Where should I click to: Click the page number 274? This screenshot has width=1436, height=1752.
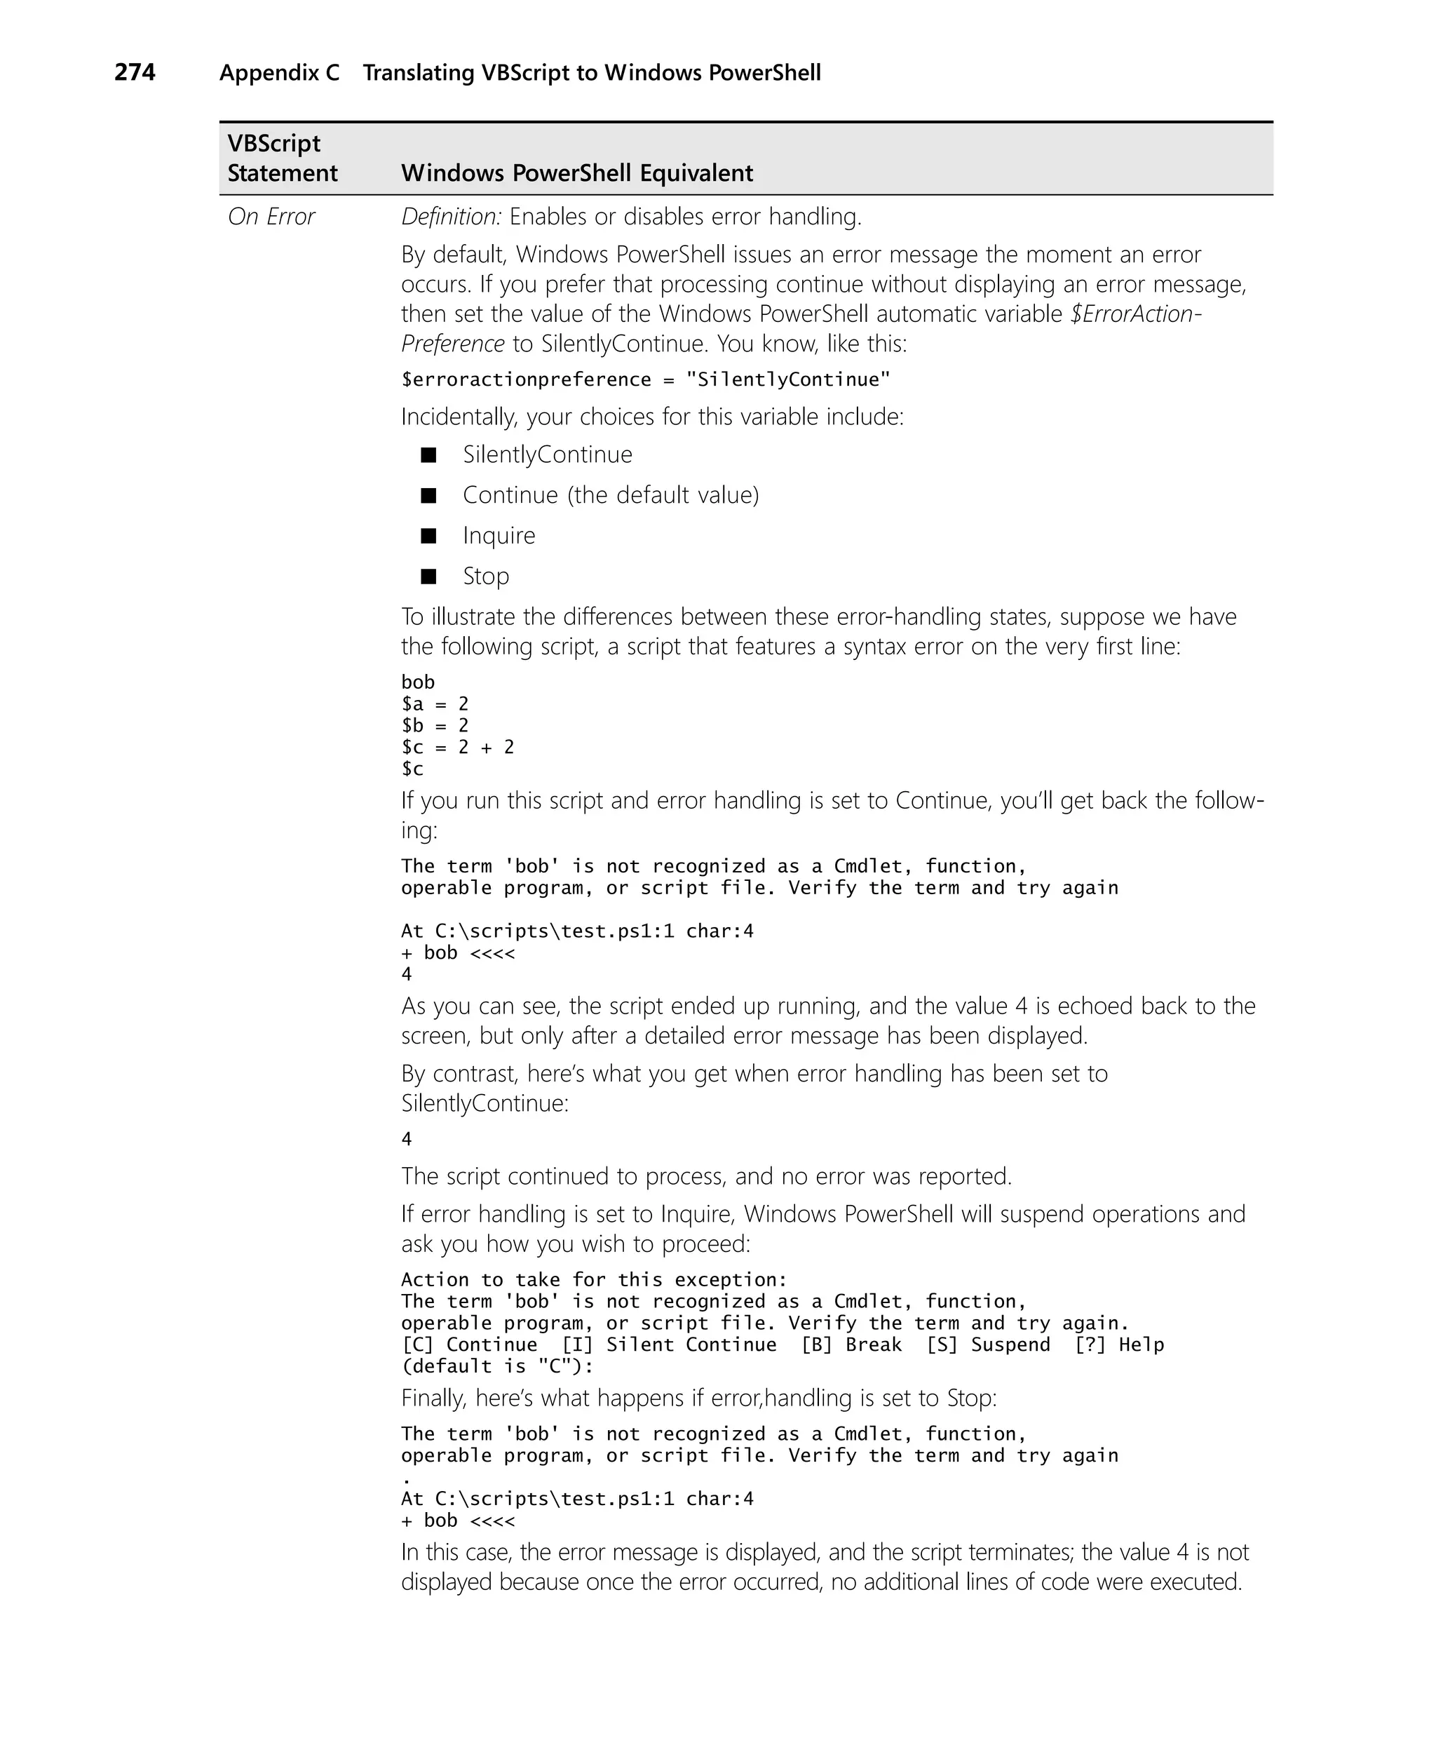(134, 73)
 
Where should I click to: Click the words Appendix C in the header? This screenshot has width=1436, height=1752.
(279, 73)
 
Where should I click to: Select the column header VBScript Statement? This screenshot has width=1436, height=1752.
(282, 158)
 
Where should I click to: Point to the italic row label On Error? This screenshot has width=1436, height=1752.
(271, 217)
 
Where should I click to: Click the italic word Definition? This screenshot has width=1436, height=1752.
(451, 217)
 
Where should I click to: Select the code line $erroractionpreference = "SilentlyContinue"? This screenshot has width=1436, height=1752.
(645, 379)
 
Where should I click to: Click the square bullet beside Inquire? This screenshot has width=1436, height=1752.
(428, 536)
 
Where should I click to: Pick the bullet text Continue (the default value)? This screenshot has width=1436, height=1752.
(611, 494)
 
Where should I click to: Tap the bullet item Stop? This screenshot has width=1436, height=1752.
(485, 576)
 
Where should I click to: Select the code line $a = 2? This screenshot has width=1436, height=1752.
(435, 704)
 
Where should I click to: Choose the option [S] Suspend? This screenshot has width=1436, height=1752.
(988, 1345)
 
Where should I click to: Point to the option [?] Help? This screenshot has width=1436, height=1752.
(1118, 1345)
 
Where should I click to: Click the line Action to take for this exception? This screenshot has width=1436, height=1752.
(594, 1280)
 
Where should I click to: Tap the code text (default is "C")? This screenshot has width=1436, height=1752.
(497, 1366)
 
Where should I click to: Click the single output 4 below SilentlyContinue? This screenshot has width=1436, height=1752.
(406, 1139)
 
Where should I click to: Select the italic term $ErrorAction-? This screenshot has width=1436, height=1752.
(1135, 314)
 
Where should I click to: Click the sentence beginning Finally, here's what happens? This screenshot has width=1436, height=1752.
(699, 1398)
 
